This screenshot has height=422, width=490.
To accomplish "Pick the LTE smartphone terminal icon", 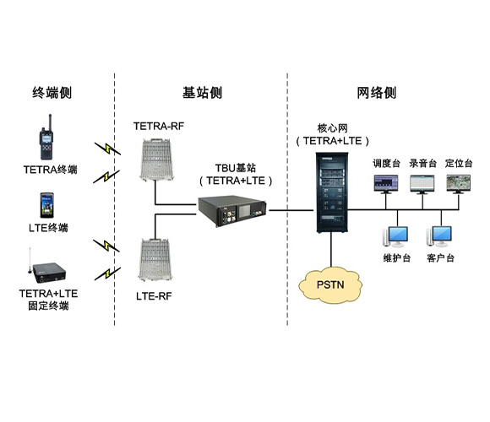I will (x=48, y=206).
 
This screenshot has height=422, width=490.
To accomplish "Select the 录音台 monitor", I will (x=423, y=182).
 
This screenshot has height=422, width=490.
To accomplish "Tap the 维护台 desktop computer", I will (x=395, y=235).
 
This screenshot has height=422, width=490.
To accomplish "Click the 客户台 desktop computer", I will (x=442, y=235).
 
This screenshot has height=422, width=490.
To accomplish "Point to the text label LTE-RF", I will (x=155, y=296).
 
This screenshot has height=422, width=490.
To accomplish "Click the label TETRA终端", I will (x=50, y=170).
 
